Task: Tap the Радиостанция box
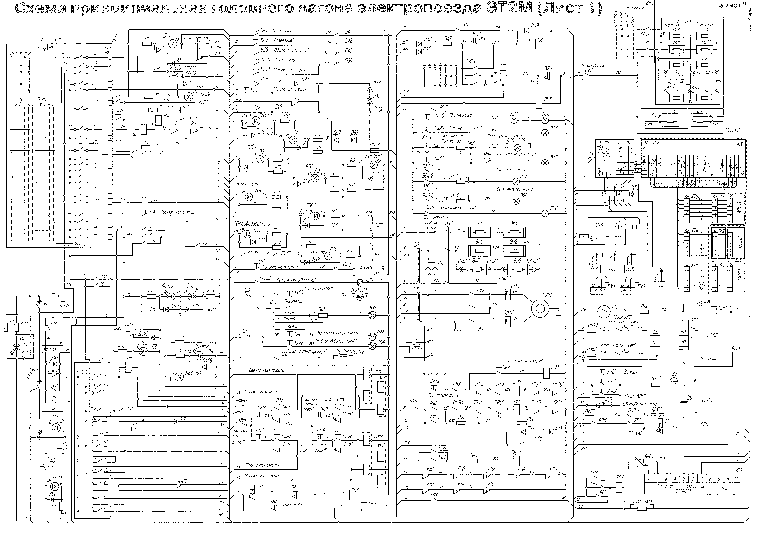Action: pos(713,359)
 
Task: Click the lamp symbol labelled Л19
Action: pos(545,133)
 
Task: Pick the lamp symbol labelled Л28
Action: pos(545,213)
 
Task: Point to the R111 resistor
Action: pos(656,383)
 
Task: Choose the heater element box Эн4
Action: pos(479,232)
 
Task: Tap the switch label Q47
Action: pos(349,32)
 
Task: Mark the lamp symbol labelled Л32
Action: pos(373,315)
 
